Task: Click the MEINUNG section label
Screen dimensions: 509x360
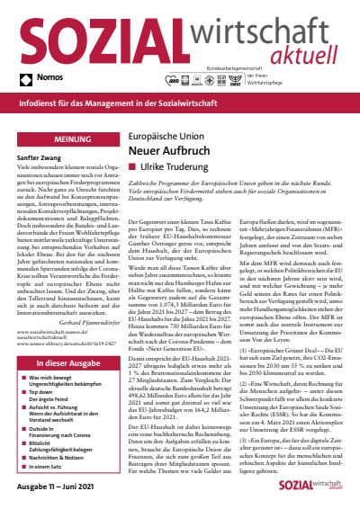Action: point(59,140)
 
